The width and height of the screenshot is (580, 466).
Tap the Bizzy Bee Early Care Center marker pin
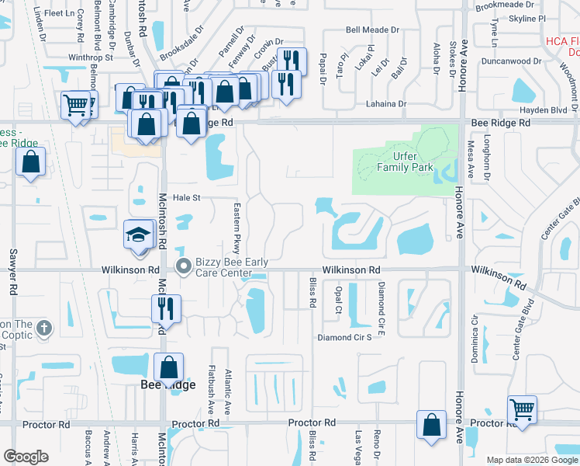click(x=184, y=266)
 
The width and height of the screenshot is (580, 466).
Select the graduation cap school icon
click(x=138, y=236)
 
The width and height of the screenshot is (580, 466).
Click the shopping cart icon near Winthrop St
click(x=75, y=105)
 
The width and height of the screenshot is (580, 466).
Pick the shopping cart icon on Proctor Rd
click(x=522, y=409)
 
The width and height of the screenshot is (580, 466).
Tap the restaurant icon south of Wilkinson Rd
click(x=167, y=308)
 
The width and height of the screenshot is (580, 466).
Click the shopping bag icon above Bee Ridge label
click(x=167, y=367)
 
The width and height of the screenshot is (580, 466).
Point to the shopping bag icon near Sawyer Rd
click(x=30, y=162)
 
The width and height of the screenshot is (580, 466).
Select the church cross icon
click(x=43, y=328)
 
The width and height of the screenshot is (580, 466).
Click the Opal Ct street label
click(x=338, y=297)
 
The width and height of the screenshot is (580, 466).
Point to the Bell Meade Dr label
click(x=372, y=30)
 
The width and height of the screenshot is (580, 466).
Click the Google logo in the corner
click(x=26, y=456)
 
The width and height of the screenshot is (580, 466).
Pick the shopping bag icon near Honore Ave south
click(x=431, y=426)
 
